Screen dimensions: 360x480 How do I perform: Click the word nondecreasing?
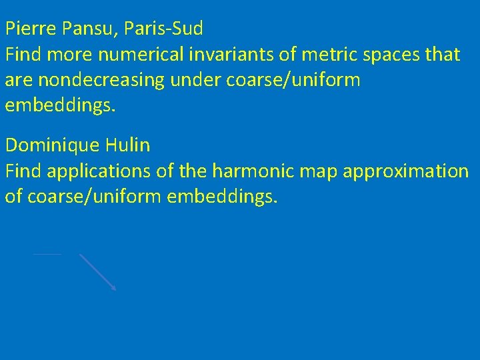(109, 81)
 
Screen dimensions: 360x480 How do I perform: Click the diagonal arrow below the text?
(97, 271)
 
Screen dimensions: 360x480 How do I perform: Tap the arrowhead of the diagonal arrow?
(114, 289)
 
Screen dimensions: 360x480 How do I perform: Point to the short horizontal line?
(47, 253)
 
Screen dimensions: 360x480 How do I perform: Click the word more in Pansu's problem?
(68, 55)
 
